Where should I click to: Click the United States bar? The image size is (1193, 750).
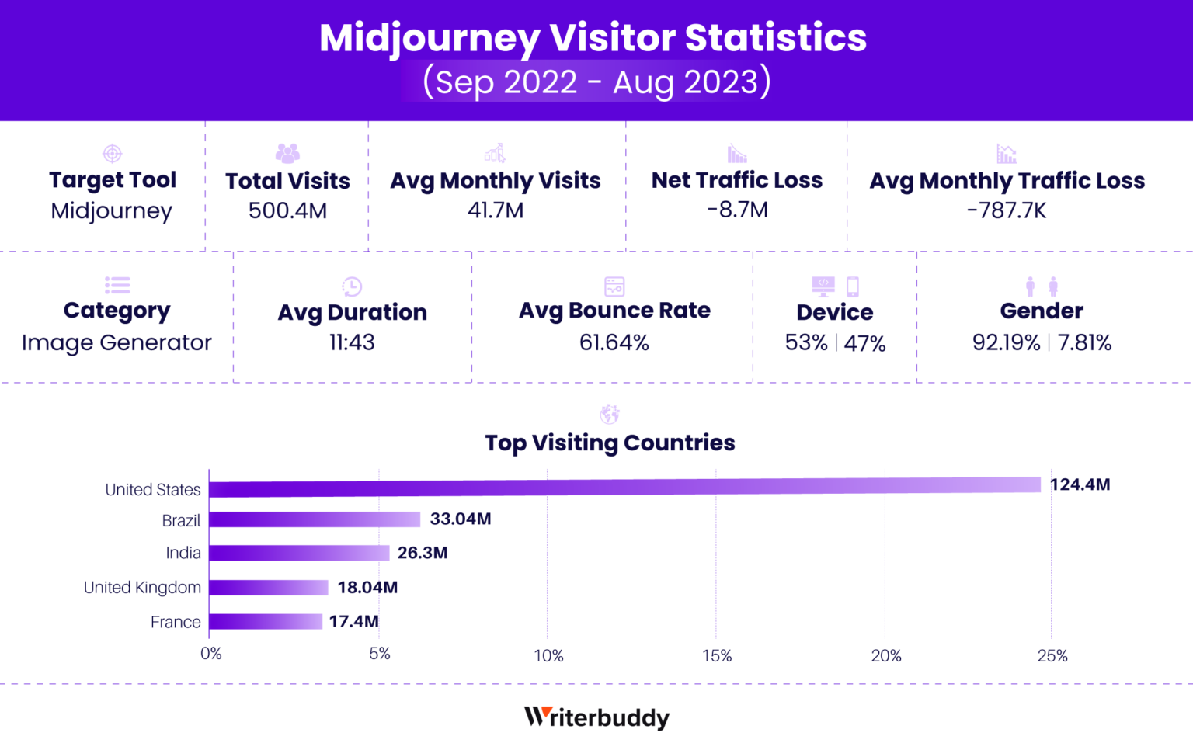coord(624,487)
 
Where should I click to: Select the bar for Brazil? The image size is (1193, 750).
coord(315,519)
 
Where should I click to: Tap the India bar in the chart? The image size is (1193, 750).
coord(299,553)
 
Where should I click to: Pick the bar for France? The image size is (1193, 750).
coord(266,621)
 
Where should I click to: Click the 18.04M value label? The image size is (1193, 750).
coord(367,587)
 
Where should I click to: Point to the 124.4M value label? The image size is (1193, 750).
coord(1080,484)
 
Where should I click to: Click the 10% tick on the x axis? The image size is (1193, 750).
coord(548,655)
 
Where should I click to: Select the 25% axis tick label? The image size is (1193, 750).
coord(1052,655)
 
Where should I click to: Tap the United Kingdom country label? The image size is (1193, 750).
coord(142,587)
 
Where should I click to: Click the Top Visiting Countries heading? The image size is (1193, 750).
coord(610,443)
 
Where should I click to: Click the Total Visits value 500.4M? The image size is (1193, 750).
coord(287,210)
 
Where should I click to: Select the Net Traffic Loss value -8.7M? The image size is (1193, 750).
coord(737,210)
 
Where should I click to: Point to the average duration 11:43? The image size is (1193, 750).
coord(352,342)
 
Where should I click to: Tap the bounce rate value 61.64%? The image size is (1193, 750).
coord(614,342)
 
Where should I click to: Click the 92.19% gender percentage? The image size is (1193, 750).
coord(1006,342)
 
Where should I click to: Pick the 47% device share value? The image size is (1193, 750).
coord(864,343)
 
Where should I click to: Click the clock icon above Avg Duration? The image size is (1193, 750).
coord(352,286)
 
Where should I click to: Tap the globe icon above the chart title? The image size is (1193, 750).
coord(610,414)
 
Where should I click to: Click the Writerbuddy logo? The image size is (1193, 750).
coord(596,717)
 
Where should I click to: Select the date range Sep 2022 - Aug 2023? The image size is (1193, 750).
coord(596,82)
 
